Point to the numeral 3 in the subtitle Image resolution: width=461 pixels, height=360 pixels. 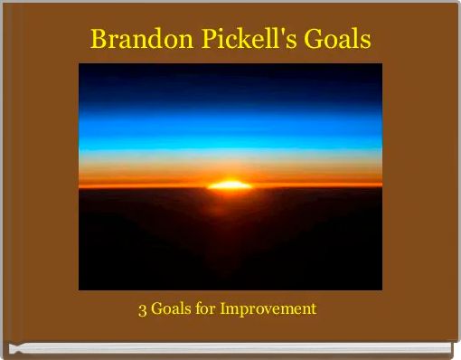[142, 309]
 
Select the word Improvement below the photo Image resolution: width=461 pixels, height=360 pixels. [268, 309]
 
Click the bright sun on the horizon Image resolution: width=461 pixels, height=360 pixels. [230, 185]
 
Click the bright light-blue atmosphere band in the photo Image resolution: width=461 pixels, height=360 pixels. [230, 136]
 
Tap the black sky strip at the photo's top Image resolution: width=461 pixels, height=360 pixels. [230, 70]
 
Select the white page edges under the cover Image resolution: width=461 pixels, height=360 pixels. [230, 349]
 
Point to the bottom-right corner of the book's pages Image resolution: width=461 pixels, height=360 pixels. [450, 352]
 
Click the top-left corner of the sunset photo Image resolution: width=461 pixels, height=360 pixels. [80, 64]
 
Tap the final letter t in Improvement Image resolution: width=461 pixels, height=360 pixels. [313, 309]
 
